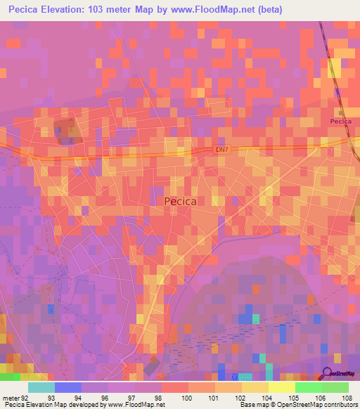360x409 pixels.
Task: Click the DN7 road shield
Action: (223, 150)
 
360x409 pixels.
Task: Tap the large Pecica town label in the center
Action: (180, 201)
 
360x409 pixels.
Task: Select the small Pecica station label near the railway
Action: (340, 122)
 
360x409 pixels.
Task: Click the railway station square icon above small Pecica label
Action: (342, 112)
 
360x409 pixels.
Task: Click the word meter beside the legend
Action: (11, 398)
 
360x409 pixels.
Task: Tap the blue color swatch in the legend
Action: (67, 387)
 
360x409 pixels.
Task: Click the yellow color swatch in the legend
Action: (281, 387)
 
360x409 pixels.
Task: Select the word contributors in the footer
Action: (340, 405)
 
